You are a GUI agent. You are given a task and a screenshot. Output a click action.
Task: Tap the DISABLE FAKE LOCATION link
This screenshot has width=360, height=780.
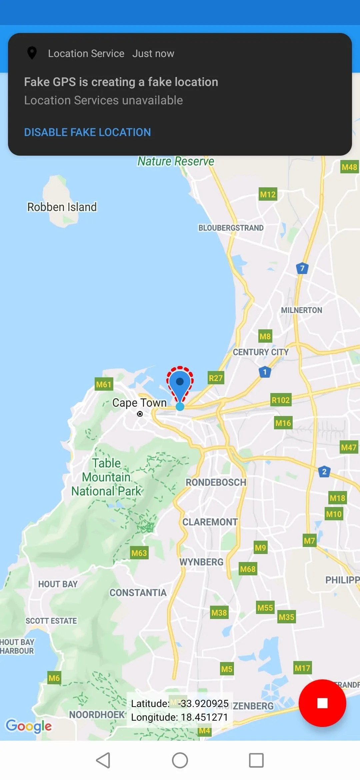[87, 132]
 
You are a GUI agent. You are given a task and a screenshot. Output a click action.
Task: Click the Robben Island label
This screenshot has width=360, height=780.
[62, 207]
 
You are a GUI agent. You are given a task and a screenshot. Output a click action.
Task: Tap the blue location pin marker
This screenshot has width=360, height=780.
[180, 383]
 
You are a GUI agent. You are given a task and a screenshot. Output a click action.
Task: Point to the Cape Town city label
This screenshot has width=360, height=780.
[139, 403]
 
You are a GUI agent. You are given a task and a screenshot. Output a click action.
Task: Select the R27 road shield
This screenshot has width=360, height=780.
[216, 378]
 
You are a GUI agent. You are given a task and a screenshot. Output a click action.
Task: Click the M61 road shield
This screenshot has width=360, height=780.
[104, 384]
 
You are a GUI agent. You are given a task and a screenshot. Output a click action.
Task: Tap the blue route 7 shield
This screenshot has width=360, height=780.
[302, 268]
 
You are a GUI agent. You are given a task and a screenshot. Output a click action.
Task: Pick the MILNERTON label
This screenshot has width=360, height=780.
[301, 310]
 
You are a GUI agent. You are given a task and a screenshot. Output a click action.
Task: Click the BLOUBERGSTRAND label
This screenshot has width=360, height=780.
[231, 228]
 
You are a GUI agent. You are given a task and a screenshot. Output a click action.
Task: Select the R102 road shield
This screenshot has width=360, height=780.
[281, 400]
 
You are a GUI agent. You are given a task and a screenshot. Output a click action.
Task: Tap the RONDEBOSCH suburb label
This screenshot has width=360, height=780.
[216, 482]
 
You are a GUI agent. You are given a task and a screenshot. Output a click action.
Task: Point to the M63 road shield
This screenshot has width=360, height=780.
[139, 553]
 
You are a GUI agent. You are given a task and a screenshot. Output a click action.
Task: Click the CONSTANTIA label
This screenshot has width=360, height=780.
[138, 593]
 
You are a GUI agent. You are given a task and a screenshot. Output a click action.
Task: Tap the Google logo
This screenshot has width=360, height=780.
[29, 726]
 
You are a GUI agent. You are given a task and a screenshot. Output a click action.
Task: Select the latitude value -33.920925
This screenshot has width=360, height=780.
[203, 704]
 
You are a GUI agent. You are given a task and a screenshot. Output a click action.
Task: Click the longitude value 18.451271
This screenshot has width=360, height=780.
[203, 717]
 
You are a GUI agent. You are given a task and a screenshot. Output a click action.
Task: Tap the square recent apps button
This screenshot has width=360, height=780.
[256, 760]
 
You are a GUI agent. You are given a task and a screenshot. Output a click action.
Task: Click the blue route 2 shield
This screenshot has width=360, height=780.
[324, 472]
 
